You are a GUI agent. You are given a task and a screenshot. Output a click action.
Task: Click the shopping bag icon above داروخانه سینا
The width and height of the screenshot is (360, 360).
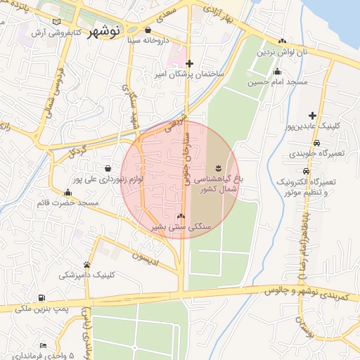(x=148, y=30)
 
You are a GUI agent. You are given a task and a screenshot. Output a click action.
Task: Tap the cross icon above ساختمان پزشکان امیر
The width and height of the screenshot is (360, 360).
(x=189, y=63)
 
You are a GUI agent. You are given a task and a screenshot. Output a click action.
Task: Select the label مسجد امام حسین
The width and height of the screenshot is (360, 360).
(x=277, y=82)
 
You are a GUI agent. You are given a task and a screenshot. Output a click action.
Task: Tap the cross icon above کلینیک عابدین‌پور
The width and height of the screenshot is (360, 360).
(x=312, y=115)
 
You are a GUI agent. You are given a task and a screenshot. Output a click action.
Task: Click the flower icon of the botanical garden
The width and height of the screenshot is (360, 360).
(x=218, y=167)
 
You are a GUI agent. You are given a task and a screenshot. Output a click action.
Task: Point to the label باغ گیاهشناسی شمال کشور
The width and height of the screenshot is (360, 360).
(x=219, y=184)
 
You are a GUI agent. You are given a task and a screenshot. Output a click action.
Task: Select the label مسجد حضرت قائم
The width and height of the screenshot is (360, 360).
(x=68, y=203)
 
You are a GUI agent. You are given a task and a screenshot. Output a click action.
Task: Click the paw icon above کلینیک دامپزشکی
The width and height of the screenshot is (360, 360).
(x=87, y=265)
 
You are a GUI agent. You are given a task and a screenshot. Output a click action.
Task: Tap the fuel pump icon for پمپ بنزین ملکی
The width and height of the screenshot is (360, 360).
(x=42, y=298)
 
